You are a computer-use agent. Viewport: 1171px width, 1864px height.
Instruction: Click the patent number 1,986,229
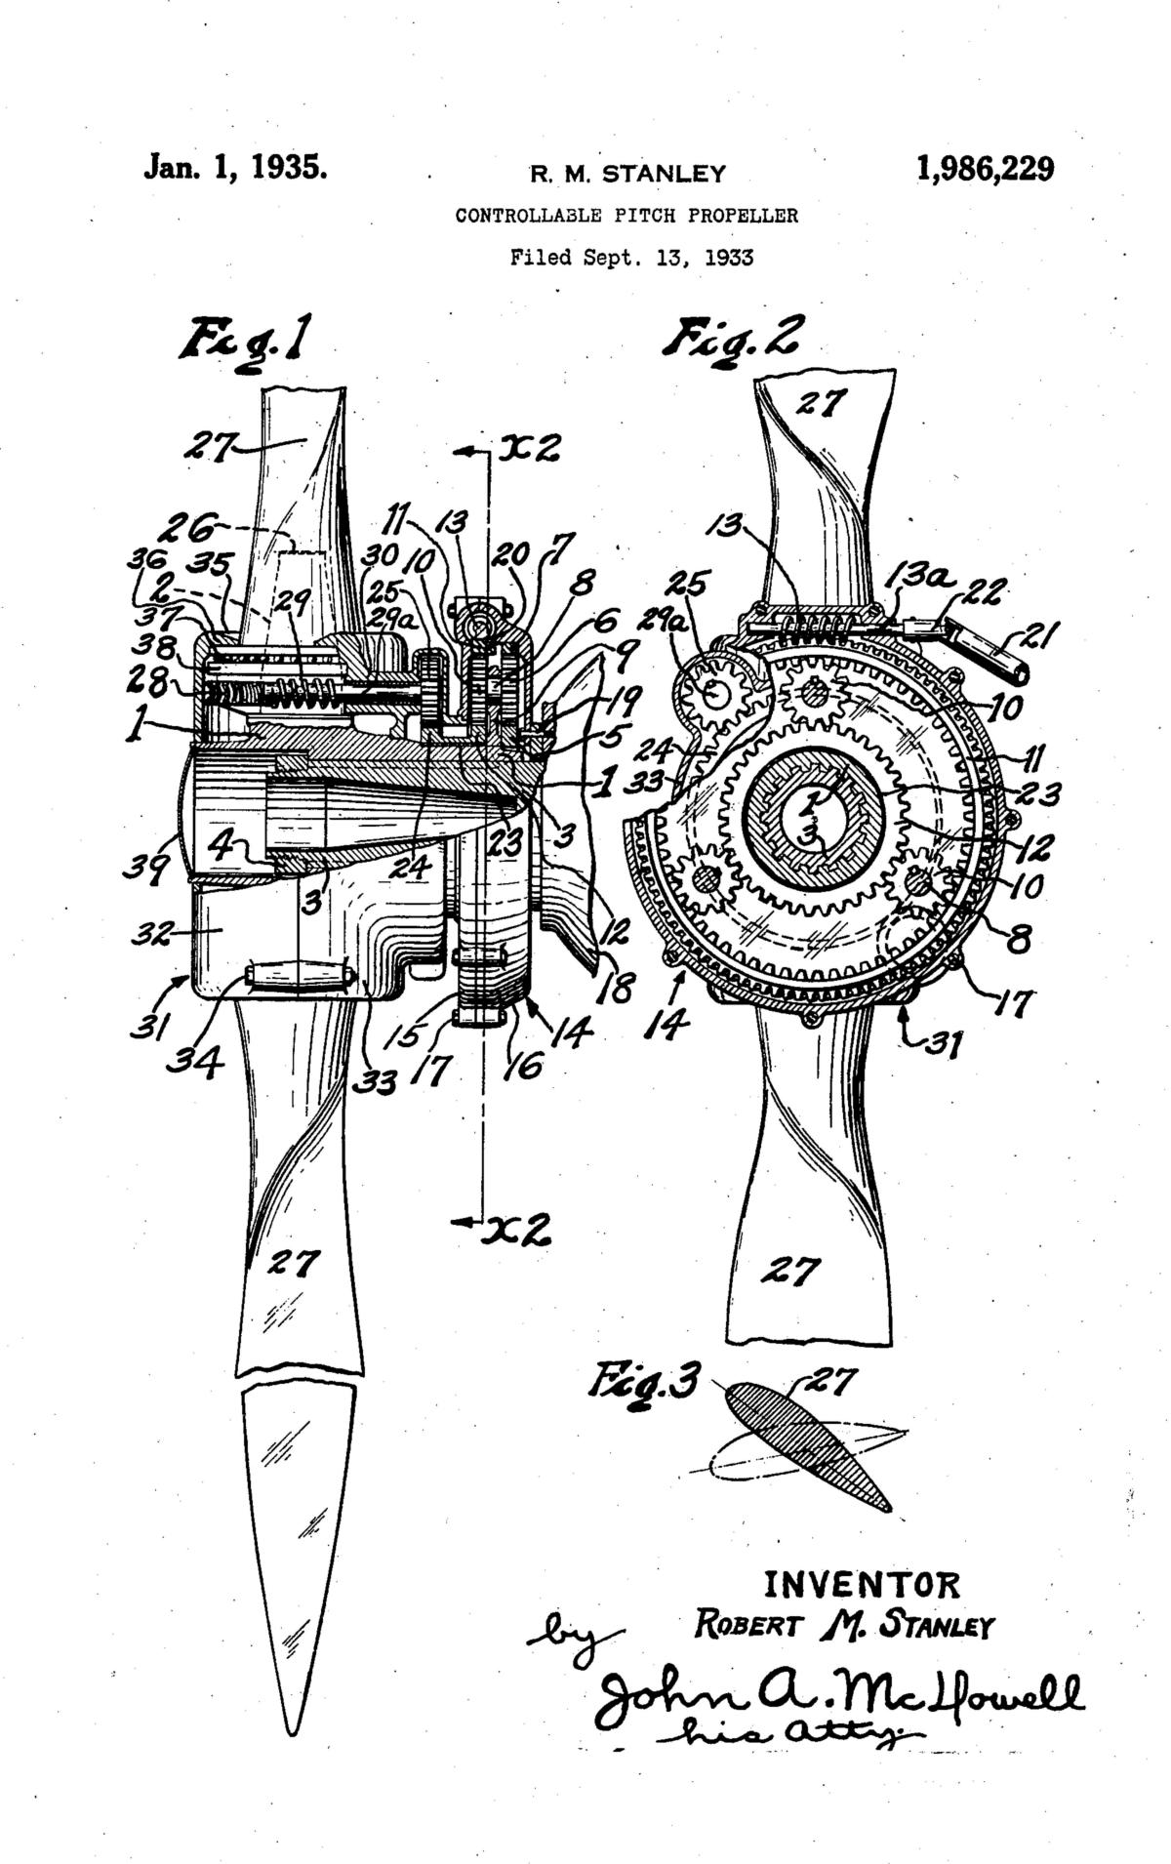(985, 169)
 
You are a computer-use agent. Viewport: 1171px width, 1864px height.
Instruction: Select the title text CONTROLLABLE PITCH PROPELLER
(626, 216)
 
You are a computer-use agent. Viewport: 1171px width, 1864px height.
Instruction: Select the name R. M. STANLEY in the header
(627, 175)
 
